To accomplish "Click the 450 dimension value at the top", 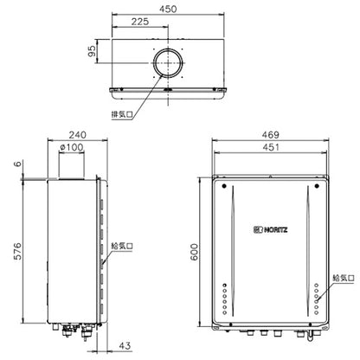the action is click(168, 9).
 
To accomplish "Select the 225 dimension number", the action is click(140, 22).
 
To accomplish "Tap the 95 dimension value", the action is click(92, 51).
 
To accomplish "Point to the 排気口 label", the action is click(122, 114).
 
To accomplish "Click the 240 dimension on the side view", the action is click(77, 135).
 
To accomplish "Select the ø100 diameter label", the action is click(72, 147).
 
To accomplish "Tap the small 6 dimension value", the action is click(18, 164).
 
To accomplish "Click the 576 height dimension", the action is click(18, 251).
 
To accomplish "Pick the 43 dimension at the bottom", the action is click(125, 345).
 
